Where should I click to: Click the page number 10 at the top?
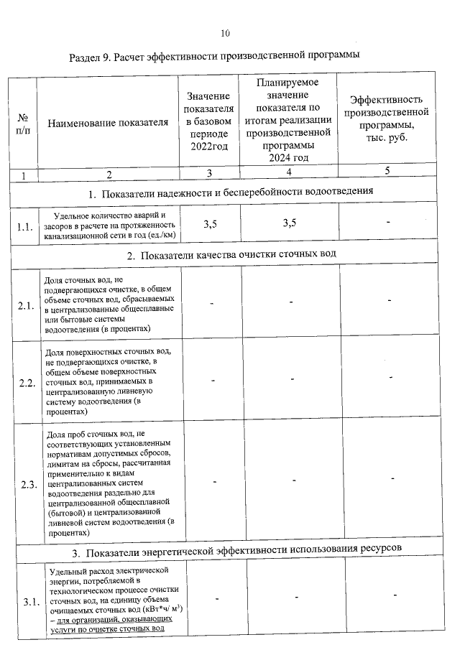tap(226, 33)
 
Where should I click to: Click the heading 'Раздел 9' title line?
tap(214, 55)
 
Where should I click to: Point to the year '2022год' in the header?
tap(209, 147)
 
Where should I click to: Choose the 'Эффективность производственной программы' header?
tap(387, 118)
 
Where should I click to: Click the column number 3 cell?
tap(209, 173)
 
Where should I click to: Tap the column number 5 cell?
tap(387, 171)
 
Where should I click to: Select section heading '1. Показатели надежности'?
tap(231, 192)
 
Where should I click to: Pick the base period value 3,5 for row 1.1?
tap(210, 225)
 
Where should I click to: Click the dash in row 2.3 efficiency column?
tap(392, 478)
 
